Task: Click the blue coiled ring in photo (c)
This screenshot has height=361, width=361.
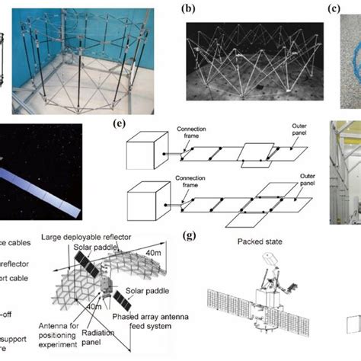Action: [x=350, y=61]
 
